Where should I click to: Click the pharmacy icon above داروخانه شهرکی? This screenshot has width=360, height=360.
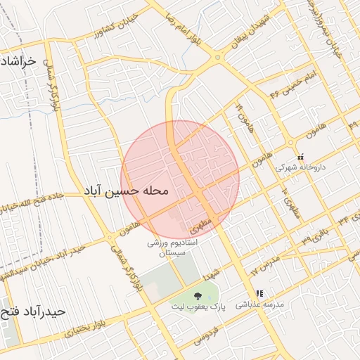point(301,157)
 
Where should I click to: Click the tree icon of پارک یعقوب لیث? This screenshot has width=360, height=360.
point(196,295)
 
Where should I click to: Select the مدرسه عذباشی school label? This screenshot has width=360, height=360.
point(259,304)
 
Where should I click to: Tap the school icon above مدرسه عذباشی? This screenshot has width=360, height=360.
point(259,293)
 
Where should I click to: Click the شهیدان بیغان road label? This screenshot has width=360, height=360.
point(251,27)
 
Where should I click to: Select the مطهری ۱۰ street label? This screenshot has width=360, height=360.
point(289,202)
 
